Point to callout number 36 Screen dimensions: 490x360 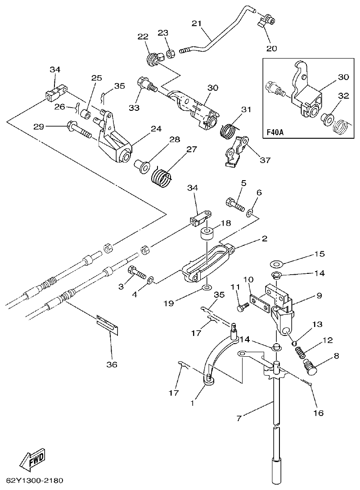click(112, 364)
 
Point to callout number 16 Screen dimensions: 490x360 click(318, 413)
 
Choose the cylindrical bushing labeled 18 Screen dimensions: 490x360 click(207, 236)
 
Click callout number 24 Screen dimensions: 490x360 click(156, 129)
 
